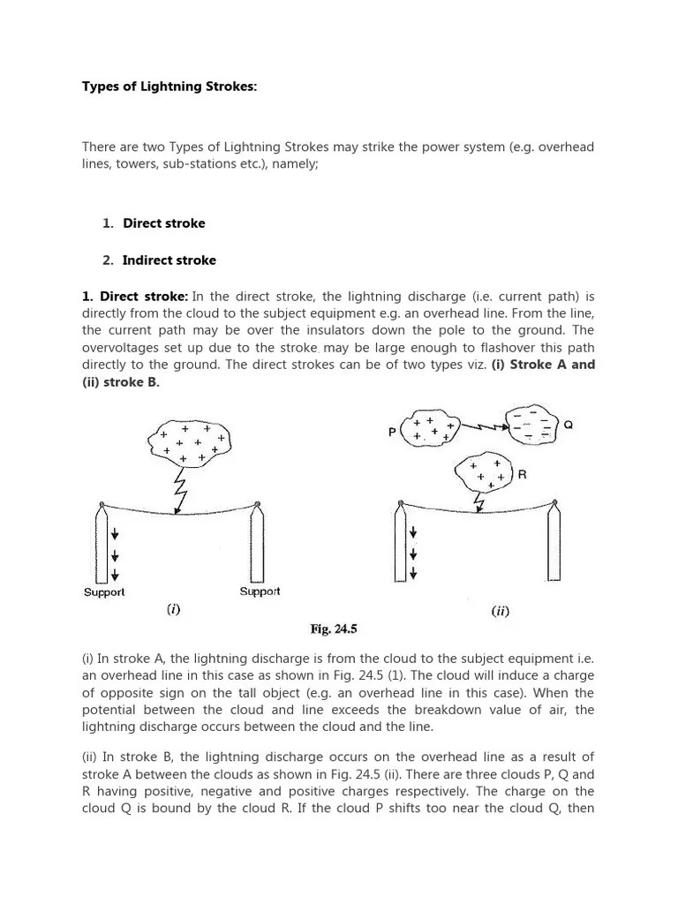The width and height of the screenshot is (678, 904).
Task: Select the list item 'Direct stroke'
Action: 163,223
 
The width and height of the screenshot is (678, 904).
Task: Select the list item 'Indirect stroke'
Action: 169,260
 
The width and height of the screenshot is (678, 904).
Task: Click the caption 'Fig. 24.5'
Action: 332,629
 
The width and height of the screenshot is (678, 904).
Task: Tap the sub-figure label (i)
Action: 173,610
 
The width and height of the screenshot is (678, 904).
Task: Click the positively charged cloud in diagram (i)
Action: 191,442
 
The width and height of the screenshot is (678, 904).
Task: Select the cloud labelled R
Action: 486,473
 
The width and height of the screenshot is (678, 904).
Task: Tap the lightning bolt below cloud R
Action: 479,501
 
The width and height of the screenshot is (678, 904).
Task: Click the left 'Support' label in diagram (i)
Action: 104,592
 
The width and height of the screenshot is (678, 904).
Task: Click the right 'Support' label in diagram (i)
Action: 260,591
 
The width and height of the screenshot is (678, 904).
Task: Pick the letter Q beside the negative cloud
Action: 569,425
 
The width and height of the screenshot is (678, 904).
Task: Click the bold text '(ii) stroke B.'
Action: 121,382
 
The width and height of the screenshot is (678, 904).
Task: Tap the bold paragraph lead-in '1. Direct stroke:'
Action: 135,298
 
